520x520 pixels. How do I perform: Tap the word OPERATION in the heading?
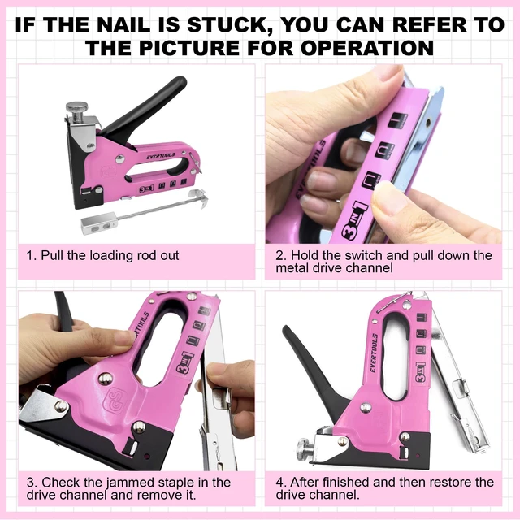(x=367, y=48)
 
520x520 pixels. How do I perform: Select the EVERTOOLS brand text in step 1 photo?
(x=161, y=155)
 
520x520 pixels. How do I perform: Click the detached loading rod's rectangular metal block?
(x=99, y=223)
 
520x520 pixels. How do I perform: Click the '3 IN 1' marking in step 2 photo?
(x=356, y=221)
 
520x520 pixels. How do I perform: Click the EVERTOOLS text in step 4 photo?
(x=374, y=353)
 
